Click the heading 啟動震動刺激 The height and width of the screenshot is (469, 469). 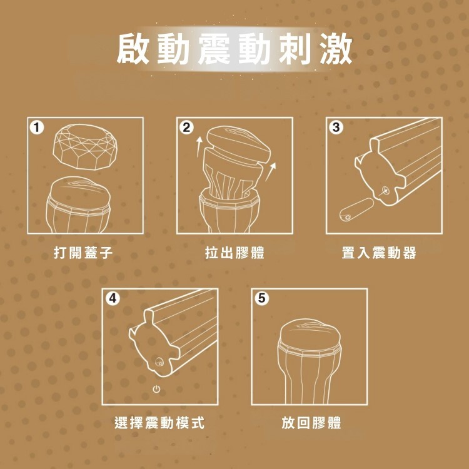coord(234,49)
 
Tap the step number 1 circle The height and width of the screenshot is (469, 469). coord(37,128)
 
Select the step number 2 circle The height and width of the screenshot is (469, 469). coord(186,128)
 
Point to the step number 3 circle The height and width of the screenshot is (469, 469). coord(336,128)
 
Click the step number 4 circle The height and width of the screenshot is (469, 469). coord(112,298)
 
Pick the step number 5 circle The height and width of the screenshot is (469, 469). coord(262,298)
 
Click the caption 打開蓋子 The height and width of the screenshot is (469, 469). coord(83,253)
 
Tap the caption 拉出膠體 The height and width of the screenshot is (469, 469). coord(234,253)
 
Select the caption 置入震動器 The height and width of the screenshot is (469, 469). coord(379,253)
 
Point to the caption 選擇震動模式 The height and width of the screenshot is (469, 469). coord(159,423)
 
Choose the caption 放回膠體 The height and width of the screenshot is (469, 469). coord(311,423)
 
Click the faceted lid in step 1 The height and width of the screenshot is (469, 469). coord(85,146)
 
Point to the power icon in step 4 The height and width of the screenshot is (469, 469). coord(156,389)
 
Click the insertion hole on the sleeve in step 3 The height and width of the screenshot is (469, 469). coord(385,190)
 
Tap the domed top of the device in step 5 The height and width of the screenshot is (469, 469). coord(309,333)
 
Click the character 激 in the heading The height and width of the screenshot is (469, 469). coord(336,49)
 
